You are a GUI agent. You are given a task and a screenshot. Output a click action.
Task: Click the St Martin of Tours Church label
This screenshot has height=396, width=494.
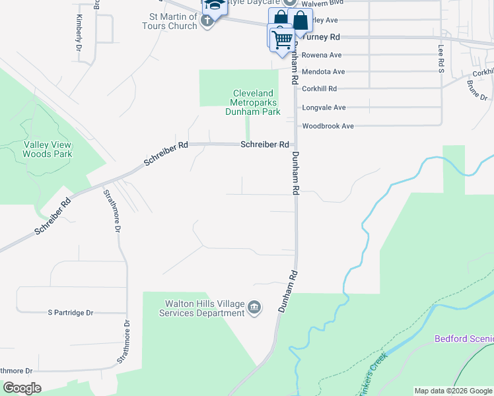(x=173, y=21)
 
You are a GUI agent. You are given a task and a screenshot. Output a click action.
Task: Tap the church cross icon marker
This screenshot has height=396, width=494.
(x=207, y=20)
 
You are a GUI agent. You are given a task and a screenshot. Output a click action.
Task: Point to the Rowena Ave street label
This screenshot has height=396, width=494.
(x=322, y=55)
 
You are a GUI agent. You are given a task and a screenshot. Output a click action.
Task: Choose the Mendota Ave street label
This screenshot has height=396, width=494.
(x=324, y=71)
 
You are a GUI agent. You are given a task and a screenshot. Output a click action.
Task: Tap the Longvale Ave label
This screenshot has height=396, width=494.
(x=324, y=107)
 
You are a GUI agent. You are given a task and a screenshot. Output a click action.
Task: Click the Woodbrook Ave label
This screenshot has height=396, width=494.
(x=328, y=125)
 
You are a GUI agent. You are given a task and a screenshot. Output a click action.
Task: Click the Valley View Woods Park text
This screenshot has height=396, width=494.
(x=47, y=149)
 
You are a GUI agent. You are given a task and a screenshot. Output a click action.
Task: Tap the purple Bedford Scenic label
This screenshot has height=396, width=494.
(x=463, y=339)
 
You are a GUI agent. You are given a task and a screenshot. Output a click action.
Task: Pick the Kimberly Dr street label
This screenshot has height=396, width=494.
(x=79, y=33)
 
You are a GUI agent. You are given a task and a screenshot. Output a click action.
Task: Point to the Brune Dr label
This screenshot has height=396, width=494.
(x=476, y=90)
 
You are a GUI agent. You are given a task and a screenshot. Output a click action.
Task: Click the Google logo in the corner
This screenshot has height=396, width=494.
(x=22, y=388)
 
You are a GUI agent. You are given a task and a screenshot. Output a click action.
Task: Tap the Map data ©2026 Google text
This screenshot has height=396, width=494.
(x=452, y=391)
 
